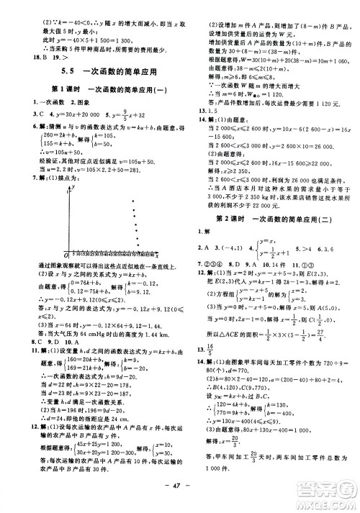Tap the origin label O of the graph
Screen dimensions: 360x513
point(66,255)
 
